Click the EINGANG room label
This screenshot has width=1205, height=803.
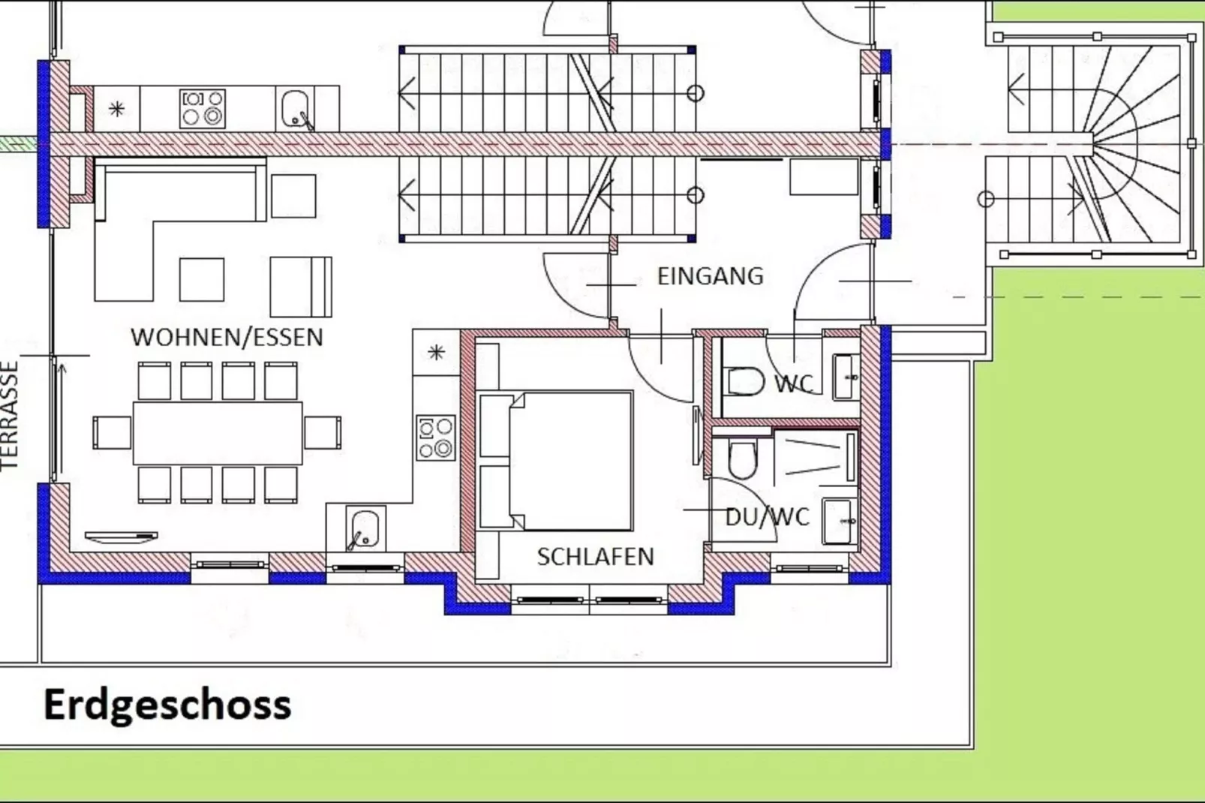tap(710, 276)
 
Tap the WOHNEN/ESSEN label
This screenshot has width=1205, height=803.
tap(227, 338)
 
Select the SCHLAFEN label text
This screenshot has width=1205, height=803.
tap(596, 557)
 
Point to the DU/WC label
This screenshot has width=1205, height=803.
tap(767, 516)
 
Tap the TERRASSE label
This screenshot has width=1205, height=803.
tap(10, 416)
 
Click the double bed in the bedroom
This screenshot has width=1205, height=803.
tap(555, 461)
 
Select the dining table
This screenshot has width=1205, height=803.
tap(218, 433)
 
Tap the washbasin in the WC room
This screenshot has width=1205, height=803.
tap(846, 377)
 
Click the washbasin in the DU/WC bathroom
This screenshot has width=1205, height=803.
tap(839, 521)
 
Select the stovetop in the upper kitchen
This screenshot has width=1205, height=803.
tap(203, 110)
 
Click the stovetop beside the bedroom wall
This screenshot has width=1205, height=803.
tap(436, 438)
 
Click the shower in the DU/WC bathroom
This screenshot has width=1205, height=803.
tap(816, 458)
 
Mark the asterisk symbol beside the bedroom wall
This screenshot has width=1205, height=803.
tap(436, 353)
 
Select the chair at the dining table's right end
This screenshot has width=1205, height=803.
tap(322, 433)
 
